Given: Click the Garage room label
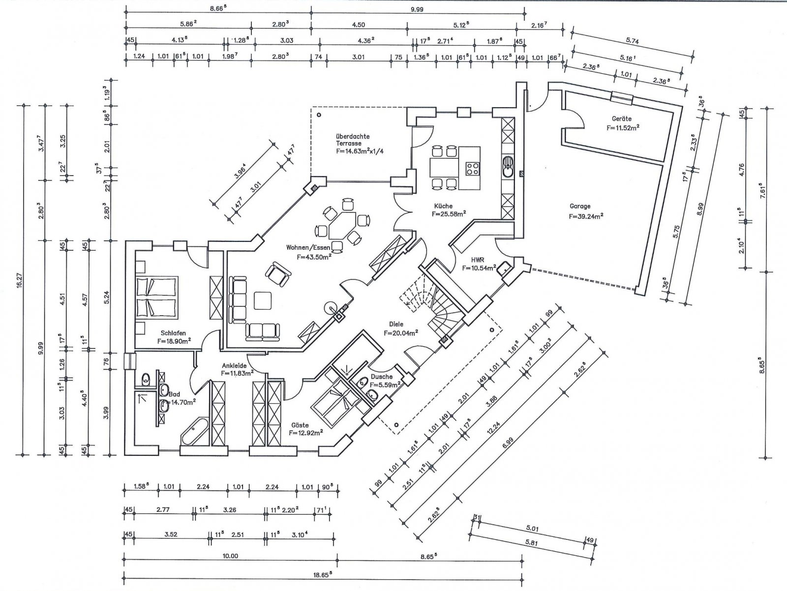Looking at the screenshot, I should (x=580, y=207).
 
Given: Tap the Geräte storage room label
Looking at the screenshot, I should (x=622, y=119).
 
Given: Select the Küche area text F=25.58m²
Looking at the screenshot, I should (x=449, y=214).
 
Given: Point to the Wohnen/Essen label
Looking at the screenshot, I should (x=308, y=248).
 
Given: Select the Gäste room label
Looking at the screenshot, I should (x=300, y=425).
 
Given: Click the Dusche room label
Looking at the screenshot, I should (x=382, y=377).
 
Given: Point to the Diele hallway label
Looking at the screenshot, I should (x=396, y=324).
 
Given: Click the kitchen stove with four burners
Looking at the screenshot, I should (x=473, y=169).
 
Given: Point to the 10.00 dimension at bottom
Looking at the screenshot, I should (x=230, y=556).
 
